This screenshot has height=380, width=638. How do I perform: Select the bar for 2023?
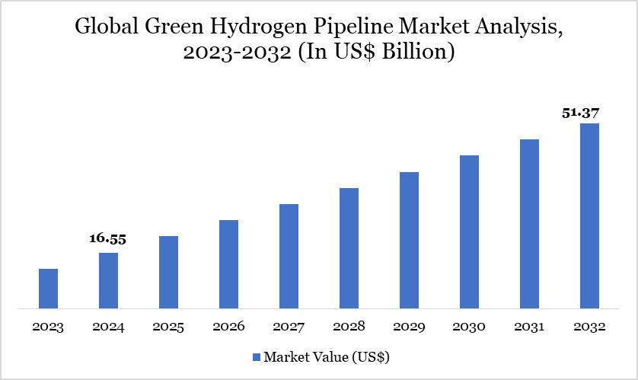point(48,289)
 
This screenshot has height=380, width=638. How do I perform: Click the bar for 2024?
point(108,281)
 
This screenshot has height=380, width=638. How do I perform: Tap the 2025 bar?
point(168,273)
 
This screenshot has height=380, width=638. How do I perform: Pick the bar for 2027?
point(289,257)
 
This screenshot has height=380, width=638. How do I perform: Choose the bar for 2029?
point(409,241)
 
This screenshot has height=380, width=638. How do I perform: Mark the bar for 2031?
point(529,224)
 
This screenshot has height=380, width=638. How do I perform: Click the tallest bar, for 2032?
point(589,216)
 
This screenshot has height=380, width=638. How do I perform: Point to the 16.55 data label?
point(107,239)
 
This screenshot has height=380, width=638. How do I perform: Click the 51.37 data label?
point(581,113)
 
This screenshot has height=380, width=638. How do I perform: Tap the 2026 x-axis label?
point(228,327)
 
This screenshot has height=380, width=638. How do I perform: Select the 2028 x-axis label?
point(349,327)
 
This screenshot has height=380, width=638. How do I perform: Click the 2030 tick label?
point(469,327)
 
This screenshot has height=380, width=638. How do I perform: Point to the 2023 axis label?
point(48,327)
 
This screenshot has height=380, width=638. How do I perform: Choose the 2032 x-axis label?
point(589,327)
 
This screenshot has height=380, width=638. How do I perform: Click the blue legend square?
point(256,356)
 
